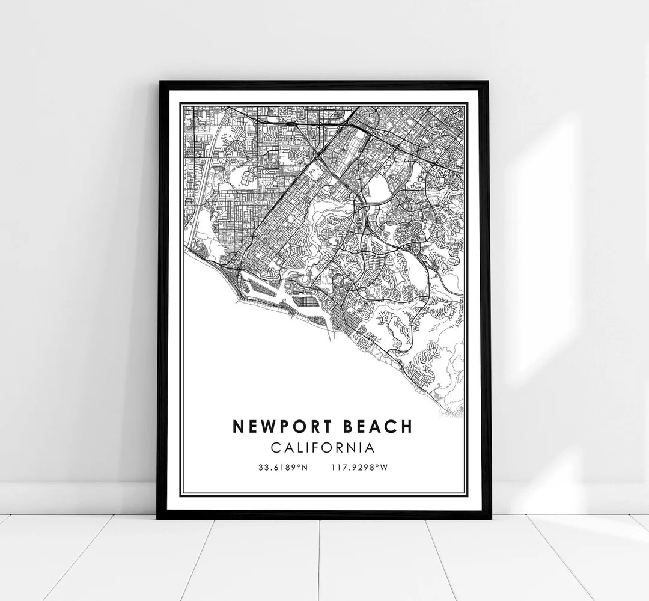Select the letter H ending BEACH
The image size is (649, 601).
pyautogui.click(x=406, y=426)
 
